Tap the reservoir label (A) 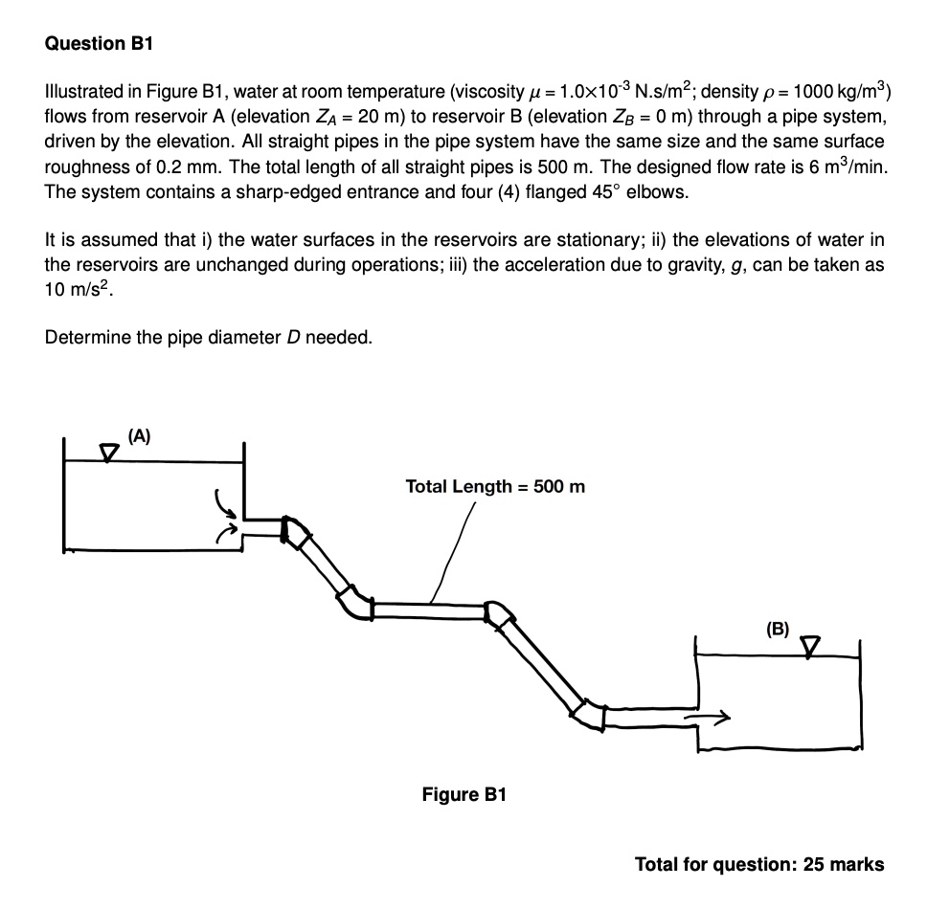pyautogui.click(x=140, y=435)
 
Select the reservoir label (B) pyautogui.click(x=778, y=629)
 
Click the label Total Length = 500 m pyautogui.click(x=495, y=486)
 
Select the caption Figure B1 pyautogui.click(x=464, y=794)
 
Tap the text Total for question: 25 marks pyautogui.click(x=759, y=864)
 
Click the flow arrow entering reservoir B pyautogui.click(x=710, y=715)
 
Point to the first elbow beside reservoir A pyautogui.click(x=293, y=529)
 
